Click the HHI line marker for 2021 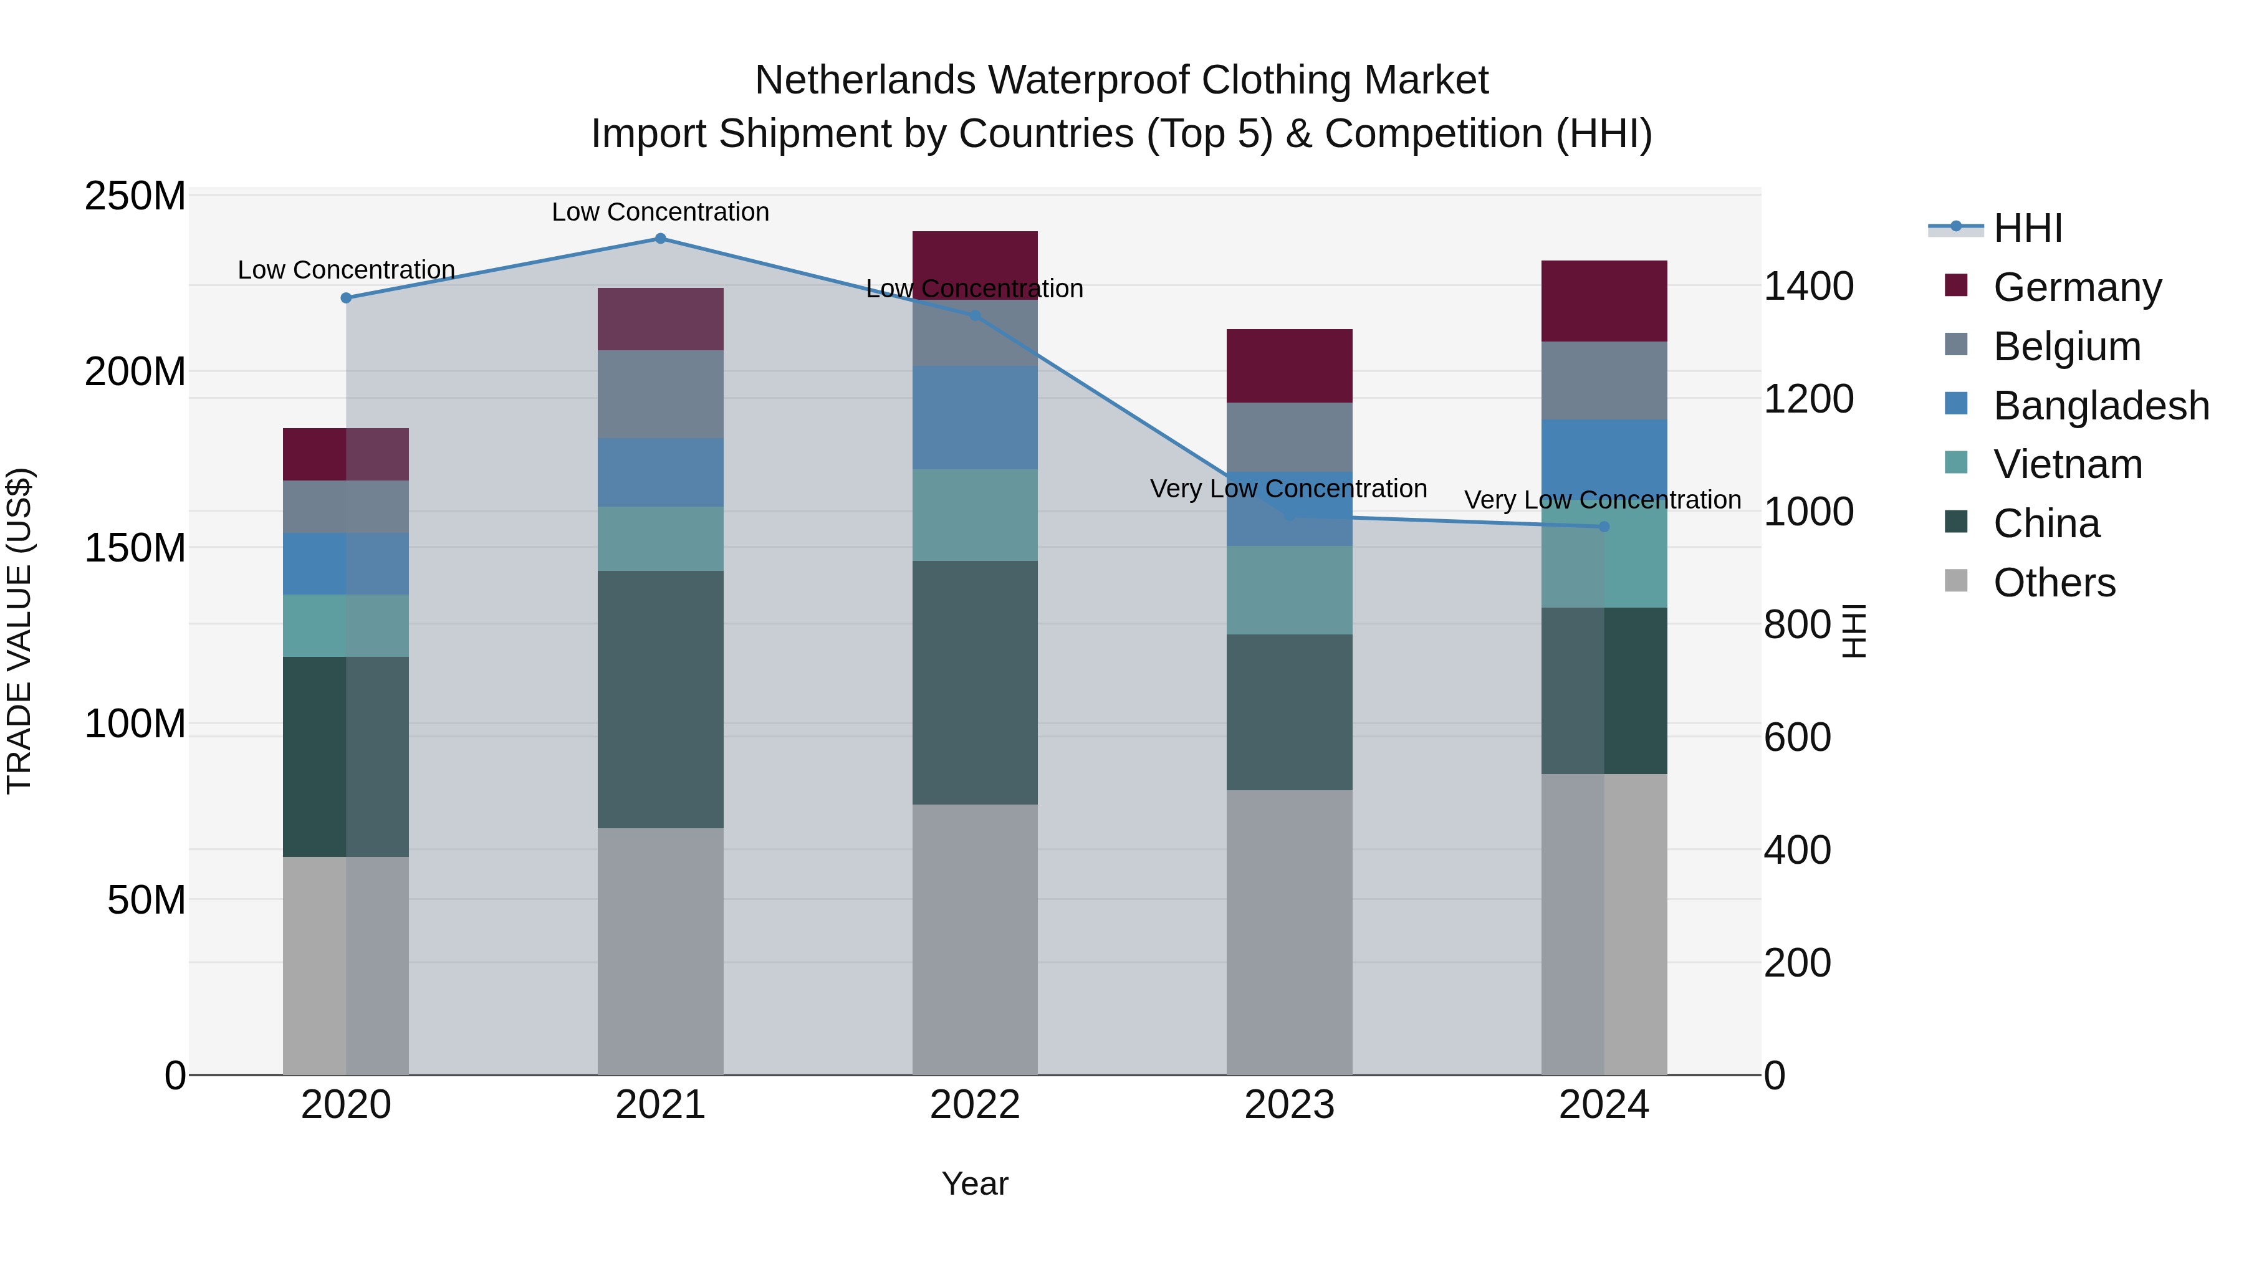660,239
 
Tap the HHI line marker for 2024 1604,527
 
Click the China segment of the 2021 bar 660,699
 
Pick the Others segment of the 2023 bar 1289,932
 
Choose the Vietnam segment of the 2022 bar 975,515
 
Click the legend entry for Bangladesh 2099,406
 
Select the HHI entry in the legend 2027,228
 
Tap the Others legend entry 2053,583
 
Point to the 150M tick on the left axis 135,548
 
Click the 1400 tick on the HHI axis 1808,287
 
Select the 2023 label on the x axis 1289,1105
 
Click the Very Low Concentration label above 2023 1288,489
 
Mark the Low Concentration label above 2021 660,212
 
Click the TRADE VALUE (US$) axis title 19,631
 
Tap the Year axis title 975,1183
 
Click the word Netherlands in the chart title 865,80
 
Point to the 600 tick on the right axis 1797,738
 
